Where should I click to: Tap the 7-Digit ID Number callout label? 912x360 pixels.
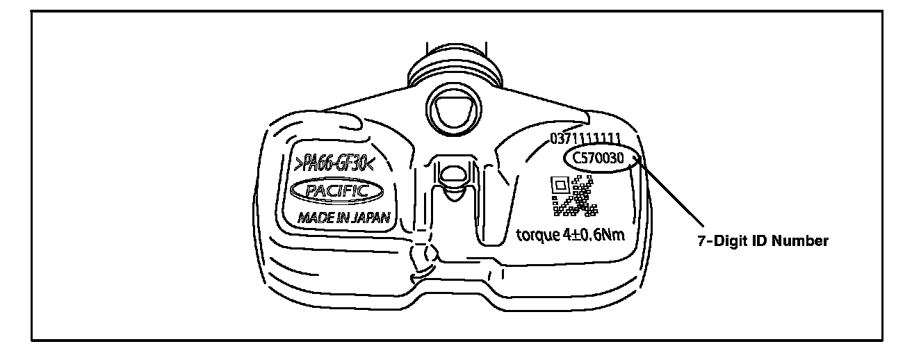point(763,241)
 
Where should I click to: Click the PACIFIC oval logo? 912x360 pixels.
point(336,189)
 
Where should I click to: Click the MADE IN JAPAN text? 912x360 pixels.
point(343,217)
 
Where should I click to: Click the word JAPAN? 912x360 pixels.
point(369,217)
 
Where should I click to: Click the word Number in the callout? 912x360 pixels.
point(803,241)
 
